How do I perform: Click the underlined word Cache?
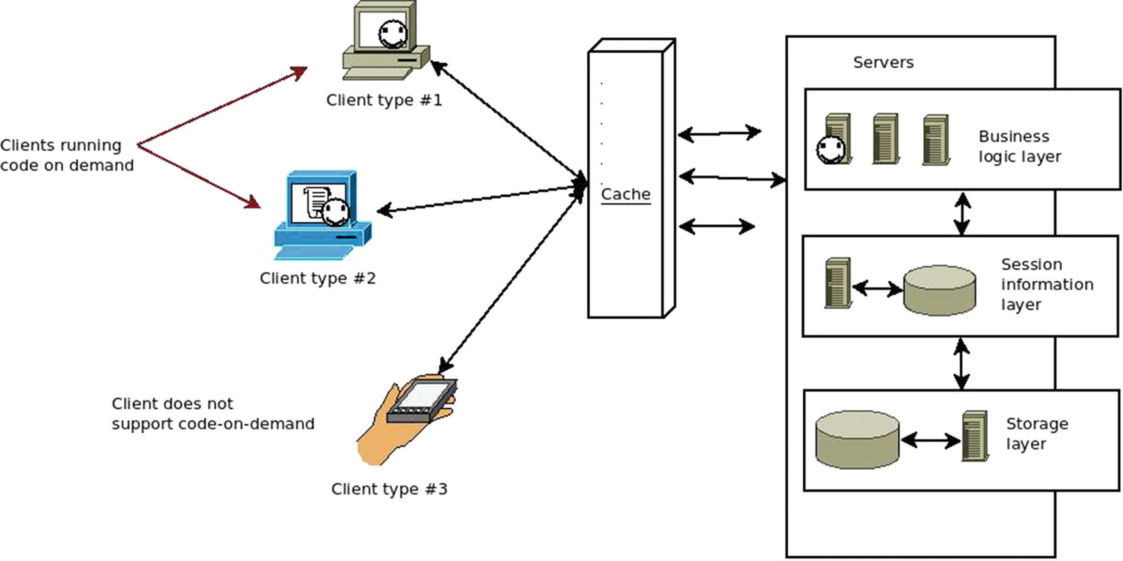click(x=625, y=194)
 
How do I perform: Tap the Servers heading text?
click(x=883, y=63)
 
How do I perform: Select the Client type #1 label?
click(x=383, y=100)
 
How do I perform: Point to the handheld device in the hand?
click(x=422, y=401)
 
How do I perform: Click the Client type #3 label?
click(x=389, y=489)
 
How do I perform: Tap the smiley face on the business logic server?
click(x=831, y=150)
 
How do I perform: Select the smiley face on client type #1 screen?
click(x=393, y=34)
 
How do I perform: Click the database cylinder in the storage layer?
click(x=857, y=439)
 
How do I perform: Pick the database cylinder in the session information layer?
click(x=939, y=290)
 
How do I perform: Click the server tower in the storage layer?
click(x=975, y=436)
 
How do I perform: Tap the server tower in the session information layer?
click(x=838, y=282)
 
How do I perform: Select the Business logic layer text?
click(x=1019, y=147)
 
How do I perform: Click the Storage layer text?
click(x=1036, y=434)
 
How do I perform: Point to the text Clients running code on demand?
click(x=66, y=155)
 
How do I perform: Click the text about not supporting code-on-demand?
click(x=212, y=414)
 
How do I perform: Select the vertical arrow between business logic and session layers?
click(x=962, y=213)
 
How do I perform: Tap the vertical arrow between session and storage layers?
click(x=962, y=364)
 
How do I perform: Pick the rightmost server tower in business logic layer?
click(x=936, y=139)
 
